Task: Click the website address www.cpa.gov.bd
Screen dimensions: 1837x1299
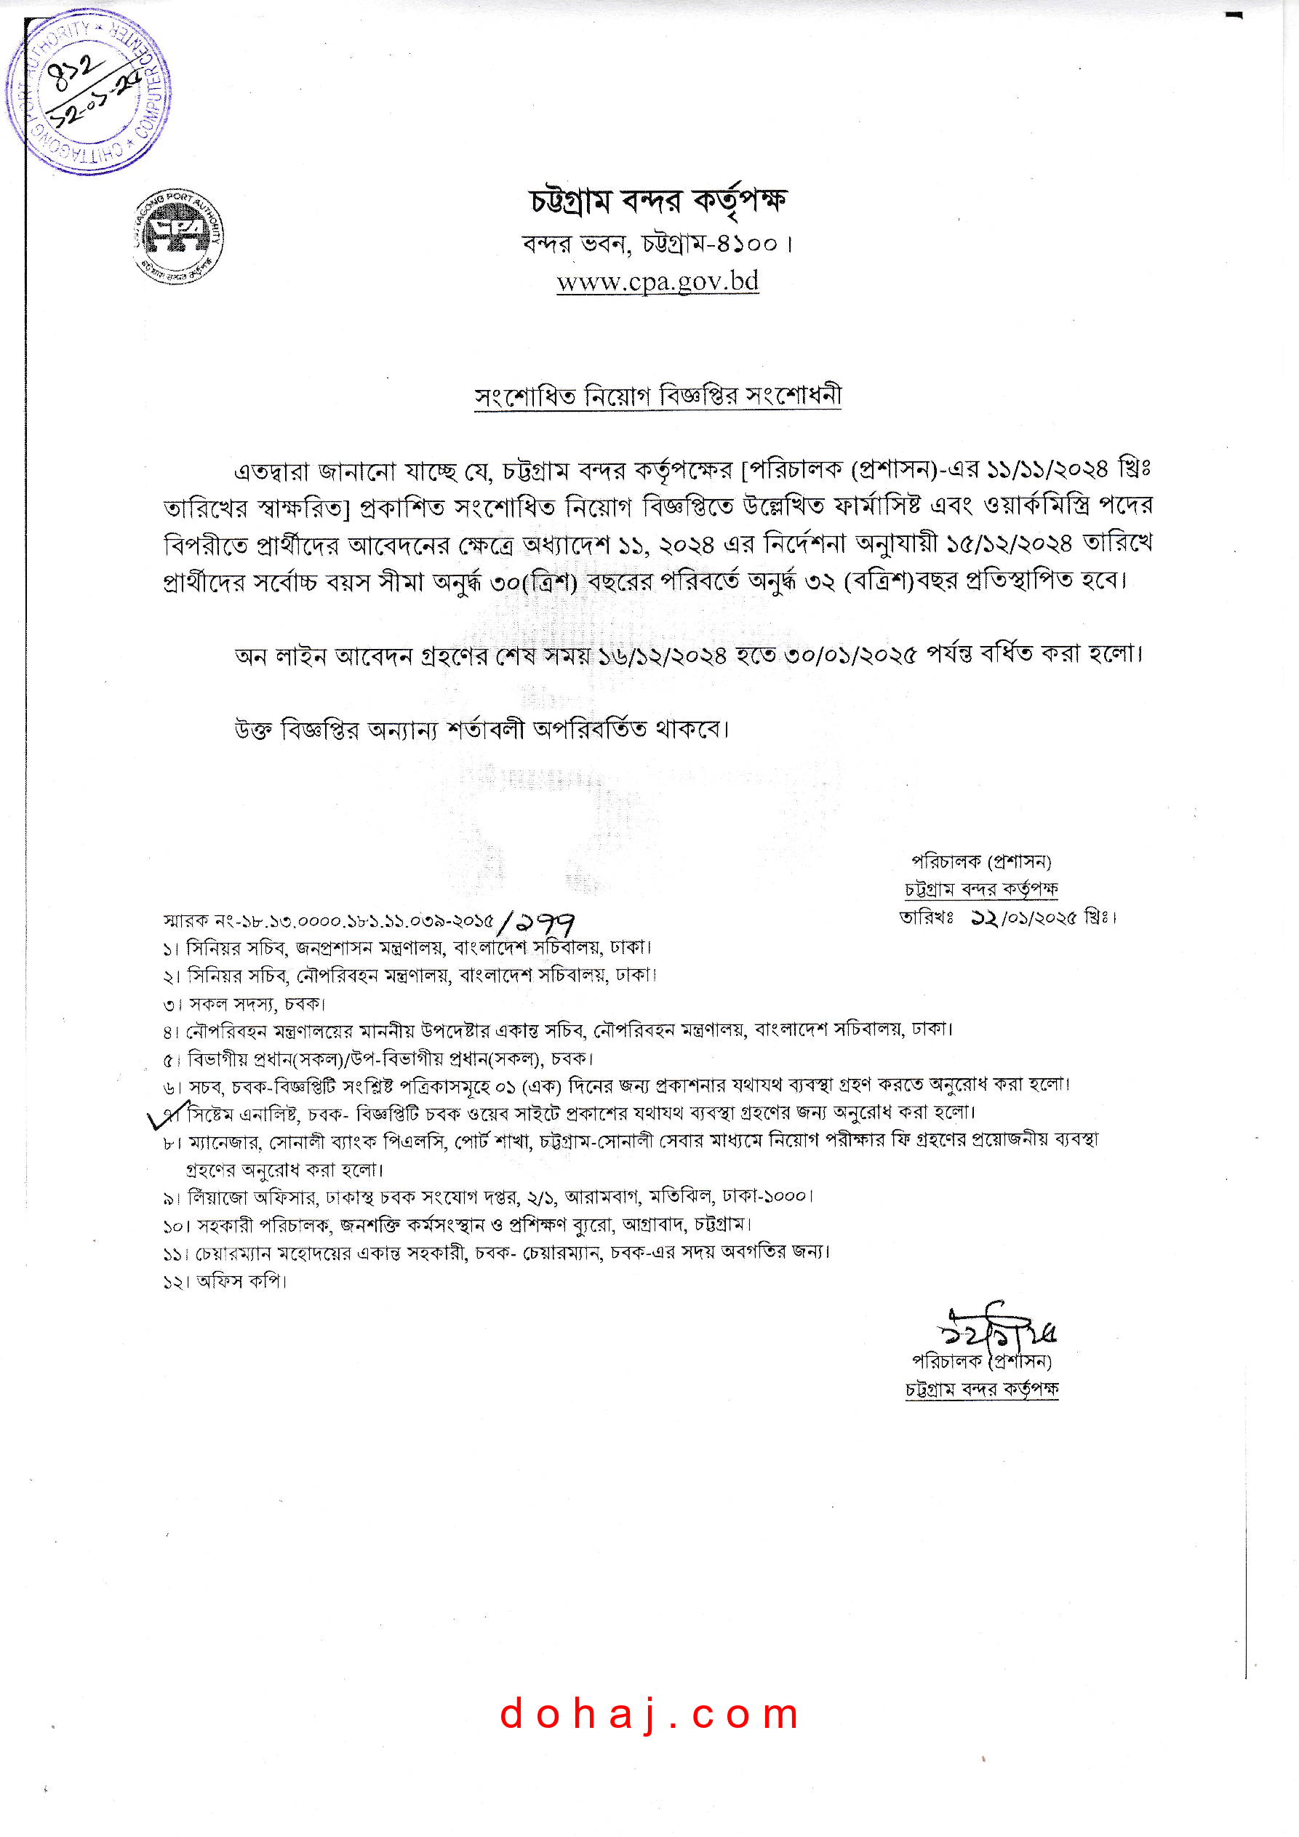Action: coord(658,282)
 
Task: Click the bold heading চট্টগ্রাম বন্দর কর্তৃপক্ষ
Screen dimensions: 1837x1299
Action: coord(658,201)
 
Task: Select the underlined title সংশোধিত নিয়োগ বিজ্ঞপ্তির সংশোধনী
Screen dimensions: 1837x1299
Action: coord(658,396)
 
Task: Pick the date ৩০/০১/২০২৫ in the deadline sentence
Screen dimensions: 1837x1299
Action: coord(850,655)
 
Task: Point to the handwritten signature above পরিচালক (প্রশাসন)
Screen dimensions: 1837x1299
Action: coord(996,1329)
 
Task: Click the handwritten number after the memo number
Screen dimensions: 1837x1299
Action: coord(536,923)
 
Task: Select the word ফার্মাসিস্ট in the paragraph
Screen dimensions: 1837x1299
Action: coord(879,506)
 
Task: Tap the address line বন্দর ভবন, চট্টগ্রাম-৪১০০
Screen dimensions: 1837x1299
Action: coord(658,243)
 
